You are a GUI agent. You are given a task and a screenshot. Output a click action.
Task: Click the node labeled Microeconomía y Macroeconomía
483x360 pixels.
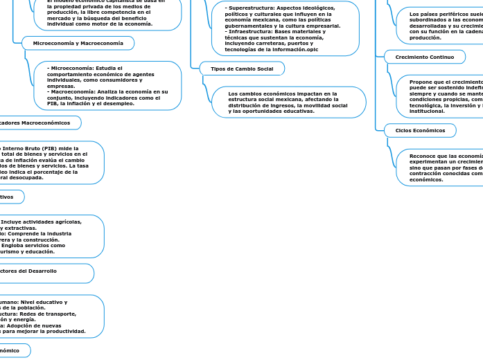pyautogui.click(x=78, y=43)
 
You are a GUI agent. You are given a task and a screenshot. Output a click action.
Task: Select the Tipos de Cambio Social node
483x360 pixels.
pyautogui.click(x=242, y=69)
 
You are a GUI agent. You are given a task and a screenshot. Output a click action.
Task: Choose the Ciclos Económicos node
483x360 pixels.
pyautogui.click(x=420, y=130)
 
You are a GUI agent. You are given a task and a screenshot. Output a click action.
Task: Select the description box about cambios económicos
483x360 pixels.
pyautogui.click(x=288, y=102)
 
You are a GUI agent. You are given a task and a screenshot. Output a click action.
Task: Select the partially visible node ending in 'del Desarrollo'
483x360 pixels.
pyautogui.click(x=45, y=273)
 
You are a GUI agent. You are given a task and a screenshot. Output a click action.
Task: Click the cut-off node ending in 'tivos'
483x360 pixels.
pyautogui.click(x=11, y=197)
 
